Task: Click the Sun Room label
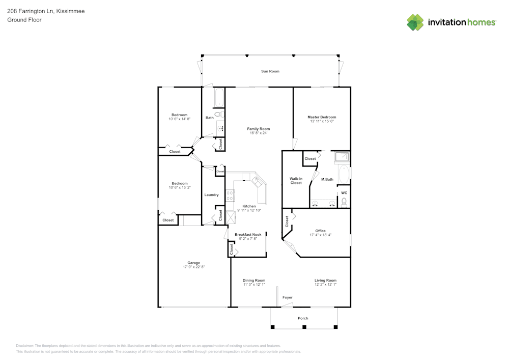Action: pyautogui.click(x=270, y=71)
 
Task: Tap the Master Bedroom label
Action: pyautogui.click(x=322, y=117)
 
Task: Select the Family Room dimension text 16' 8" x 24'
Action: pyautogui.click(x=259, y=133)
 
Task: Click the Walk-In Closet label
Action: pyautogui.click(x=296, y=181)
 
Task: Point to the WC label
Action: pyautogui.click(x=344, y=193)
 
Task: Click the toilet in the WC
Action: pyautogui.click(x=344, y=202)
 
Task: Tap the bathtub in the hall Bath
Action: pyautogui.click(x=219, y=97)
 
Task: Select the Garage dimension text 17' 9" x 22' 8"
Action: pyautogui.click(x=193, y=267)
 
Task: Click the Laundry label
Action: pyautogui.click(x=211, y=195)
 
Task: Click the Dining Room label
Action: pyautogui.click(x=253, y=281)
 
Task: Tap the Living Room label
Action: pyautogui.click(x=325, y=281)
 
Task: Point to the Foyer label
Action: pyautogui.click(x=288, y=297)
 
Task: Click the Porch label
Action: pyautogui.click(x=303, y=318)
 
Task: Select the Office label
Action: pyautogui.click(x=320, y=231)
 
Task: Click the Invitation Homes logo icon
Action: pyautogui.click(x=415, y=22)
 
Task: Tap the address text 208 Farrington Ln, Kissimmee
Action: pyautogui.click(x=46, y=11)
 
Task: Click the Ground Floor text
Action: pyautogui.click(x=24, y=20)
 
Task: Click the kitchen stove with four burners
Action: pyautogui.click(x=230, y=196)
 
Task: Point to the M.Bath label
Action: pyautogui.click(x=327, y=179)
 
